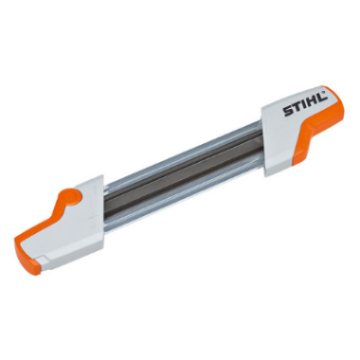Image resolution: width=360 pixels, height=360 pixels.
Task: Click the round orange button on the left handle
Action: click(74, 196)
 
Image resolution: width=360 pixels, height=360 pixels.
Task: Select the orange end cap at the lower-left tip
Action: click(27, 254)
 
